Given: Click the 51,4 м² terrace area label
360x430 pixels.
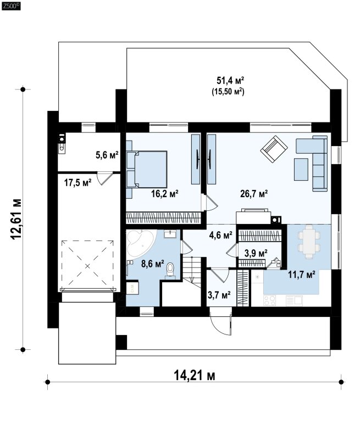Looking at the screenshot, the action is (x=230, y=81).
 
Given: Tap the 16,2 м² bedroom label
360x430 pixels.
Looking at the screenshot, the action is (x=165, y=194).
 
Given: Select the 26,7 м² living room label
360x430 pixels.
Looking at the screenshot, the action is (x=254, y=194).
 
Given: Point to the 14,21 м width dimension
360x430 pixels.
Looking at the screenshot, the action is (x=195, y=375).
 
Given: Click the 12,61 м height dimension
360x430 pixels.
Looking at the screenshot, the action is (x=16, y=219).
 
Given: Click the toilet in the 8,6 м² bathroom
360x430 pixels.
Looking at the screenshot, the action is (x=170, y=271).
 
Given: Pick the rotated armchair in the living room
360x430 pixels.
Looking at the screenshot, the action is (x=274, y=149).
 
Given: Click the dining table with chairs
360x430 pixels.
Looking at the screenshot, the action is (x=309, y=242).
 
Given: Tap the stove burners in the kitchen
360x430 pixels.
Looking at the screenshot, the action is (x=270, y=300).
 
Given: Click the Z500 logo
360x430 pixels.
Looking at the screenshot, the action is (x=11, y=6).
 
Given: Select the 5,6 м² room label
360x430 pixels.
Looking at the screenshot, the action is (x=107, y=155).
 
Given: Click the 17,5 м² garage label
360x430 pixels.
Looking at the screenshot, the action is (x=78, y=182).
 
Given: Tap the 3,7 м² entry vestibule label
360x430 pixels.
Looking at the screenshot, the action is (x=219, y=295).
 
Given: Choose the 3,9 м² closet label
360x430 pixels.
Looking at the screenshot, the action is (x=256, y=253).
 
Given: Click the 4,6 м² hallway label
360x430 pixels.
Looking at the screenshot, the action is (x=220, y=235).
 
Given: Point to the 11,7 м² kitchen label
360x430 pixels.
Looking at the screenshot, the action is (x=302, y=274).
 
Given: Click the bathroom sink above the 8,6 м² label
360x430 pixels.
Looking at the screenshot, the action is (x=170, y=233).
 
